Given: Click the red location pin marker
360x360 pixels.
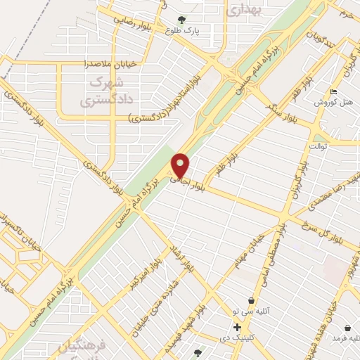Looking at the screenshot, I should tap(181, 166).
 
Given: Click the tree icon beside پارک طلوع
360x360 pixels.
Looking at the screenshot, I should tap(182, 20).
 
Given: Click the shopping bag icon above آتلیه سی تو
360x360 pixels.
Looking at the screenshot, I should tap(251, 300).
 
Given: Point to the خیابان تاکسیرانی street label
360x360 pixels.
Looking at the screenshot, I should tap(11, 229).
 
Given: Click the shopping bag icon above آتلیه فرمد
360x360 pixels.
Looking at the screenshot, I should tap(348, 327).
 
